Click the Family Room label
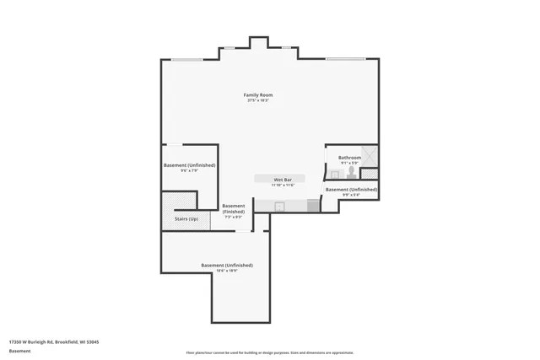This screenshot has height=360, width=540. click(x=257, y=95)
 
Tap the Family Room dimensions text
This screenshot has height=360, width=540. click(x=257, y=101)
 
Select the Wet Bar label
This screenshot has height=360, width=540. click(x=283, y=180)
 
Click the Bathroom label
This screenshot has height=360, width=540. click(x=349, y=158)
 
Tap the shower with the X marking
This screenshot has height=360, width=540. click(x=370, y=157)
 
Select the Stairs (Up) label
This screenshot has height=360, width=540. click(x=186, y=219)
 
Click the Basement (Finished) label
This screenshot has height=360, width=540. click(x=234, y=208)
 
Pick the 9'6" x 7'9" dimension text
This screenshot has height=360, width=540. click(x=189, y=170)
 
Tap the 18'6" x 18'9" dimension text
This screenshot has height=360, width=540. click(x=227, y=271)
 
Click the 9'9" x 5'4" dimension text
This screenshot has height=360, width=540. click(x=350, y=196)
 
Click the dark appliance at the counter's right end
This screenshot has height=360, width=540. click(x=314, y=206)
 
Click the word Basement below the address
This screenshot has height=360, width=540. click(x=19, y=351)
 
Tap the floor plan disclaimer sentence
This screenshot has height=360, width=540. click(x=270, y=353)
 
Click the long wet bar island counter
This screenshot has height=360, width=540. click(x=283, y=180)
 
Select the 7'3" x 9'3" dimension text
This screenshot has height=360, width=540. click(x=233, y=217)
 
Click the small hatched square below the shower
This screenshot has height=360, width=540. click(x=369, y=175)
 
